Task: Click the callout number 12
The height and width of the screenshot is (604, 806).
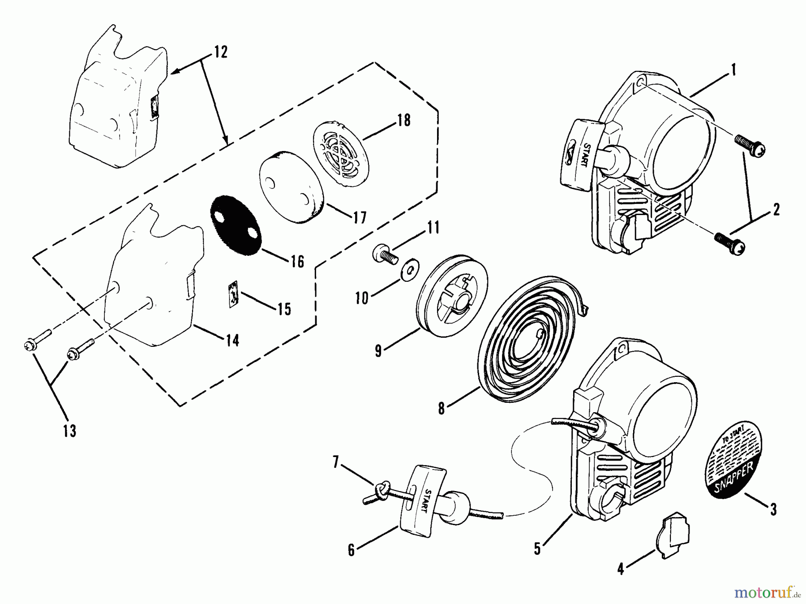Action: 221,52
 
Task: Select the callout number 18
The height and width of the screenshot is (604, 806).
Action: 404,120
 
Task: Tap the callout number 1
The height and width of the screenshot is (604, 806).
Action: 733,69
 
